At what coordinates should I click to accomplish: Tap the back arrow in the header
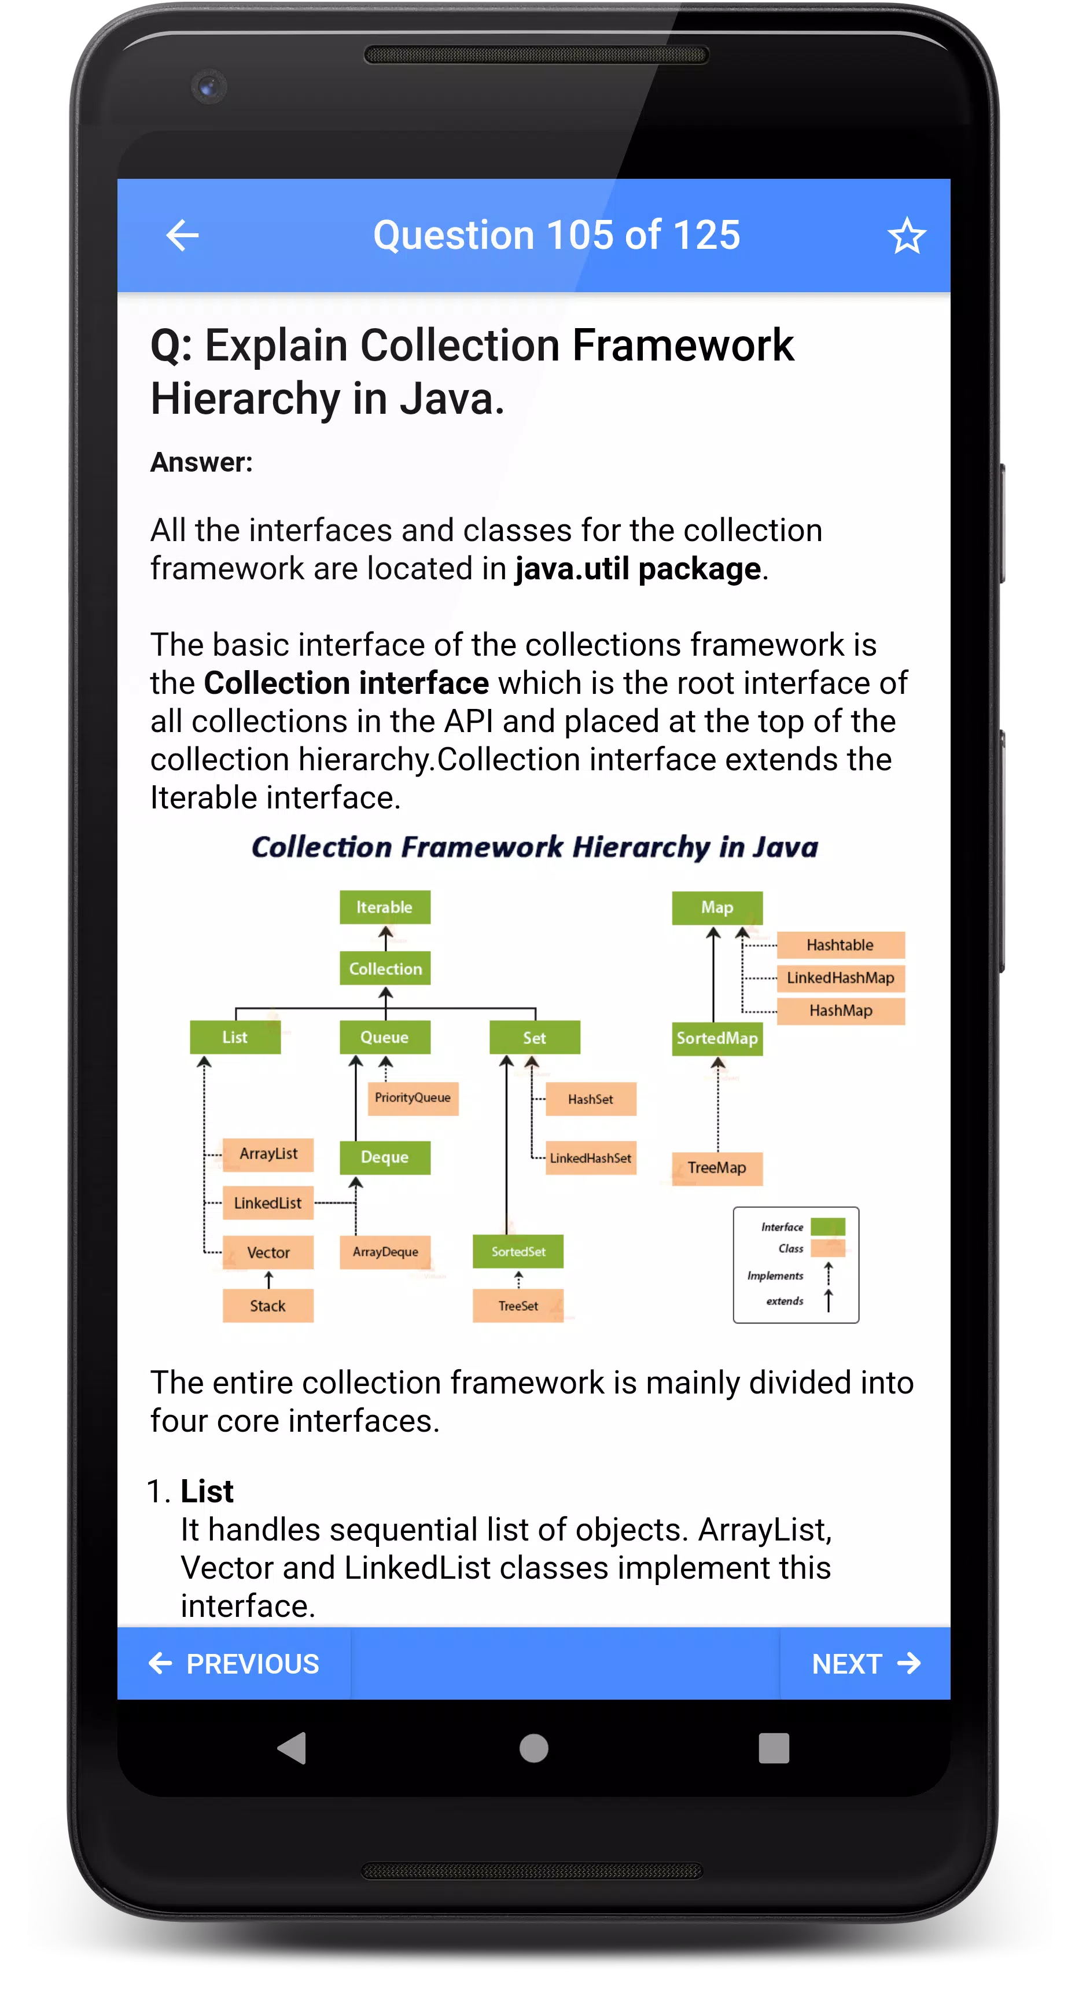[182, 236]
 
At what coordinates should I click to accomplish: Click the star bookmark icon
[907, 236]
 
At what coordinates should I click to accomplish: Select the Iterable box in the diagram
[385, 907]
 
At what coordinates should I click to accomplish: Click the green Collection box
[385, 968]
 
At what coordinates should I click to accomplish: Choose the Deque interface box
[385, 1157]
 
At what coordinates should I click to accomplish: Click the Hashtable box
[841, 945]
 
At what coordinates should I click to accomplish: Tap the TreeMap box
[717, 1168]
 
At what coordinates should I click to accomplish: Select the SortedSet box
[518, 1252]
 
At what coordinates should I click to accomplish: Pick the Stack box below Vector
[268, 1306]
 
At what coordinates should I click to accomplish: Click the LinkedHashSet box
[591, 1157]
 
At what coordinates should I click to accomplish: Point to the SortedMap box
[717, 1038]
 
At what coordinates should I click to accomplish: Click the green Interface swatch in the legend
[827, 1227]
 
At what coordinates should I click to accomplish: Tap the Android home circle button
[534, 1748]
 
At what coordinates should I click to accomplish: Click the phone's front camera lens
[208, 87]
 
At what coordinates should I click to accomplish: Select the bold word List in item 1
[207, 1491]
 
